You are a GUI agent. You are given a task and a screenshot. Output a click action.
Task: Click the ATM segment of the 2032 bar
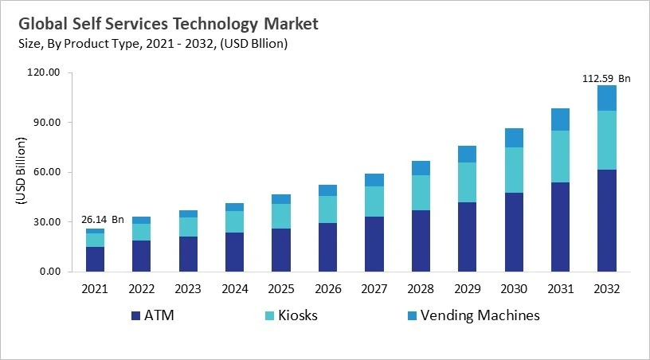click(607, 221)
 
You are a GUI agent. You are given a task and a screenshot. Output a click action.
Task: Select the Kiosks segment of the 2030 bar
click(514, 170)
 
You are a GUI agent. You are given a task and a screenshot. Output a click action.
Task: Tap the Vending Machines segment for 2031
click(561, 119)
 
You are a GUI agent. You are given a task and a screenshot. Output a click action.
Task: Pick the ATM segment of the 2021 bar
click(96, 259)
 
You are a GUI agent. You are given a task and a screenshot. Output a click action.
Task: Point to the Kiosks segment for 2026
click(327, 209)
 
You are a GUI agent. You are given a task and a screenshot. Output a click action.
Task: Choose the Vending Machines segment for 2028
click(421, 168)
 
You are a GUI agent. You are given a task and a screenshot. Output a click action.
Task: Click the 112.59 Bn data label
click(605, 78)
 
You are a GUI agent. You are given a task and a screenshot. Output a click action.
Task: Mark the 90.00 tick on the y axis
click(44, 123)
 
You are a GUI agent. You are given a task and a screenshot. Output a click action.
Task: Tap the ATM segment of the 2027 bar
click(374, 244)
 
